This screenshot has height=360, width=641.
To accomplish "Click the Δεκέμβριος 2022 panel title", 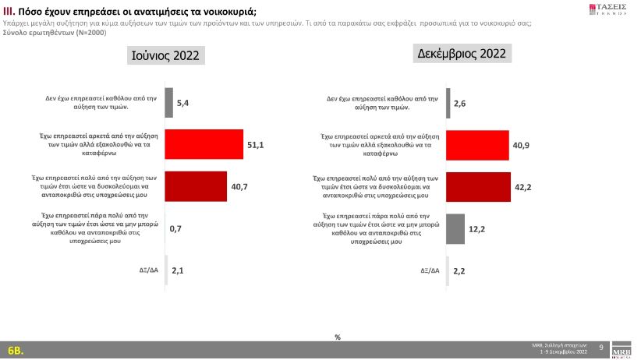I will click(x=460, y=54).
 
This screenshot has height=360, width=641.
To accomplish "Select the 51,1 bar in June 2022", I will click(x=204, y=144).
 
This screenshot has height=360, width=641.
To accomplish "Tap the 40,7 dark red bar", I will click(x=196, y=186).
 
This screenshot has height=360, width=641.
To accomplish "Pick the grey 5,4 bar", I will click(x=169, y=102).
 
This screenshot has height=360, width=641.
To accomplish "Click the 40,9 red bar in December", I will click(x=477, y=145).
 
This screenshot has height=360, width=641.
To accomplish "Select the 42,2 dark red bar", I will click(x=478, y=186).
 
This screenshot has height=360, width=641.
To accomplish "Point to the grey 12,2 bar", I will click(x=455, y=228).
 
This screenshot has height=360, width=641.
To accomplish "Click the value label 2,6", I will click(x=460, y=103).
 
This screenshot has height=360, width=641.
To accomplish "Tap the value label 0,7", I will click(x=176, y=229).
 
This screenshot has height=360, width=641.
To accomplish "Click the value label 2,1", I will click(x=178, y=270).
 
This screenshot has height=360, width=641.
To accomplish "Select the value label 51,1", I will click(x=256, y=145).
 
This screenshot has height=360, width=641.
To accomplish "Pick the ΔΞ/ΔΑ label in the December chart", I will click(x=430, y=270).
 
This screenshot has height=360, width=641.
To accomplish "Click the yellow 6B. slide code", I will click(x=16, y=349).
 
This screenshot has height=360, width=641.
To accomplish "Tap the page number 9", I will click(x=600, y=347).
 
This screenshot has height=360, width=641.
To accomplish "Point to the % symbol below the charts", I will click(x=338, y=337).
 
